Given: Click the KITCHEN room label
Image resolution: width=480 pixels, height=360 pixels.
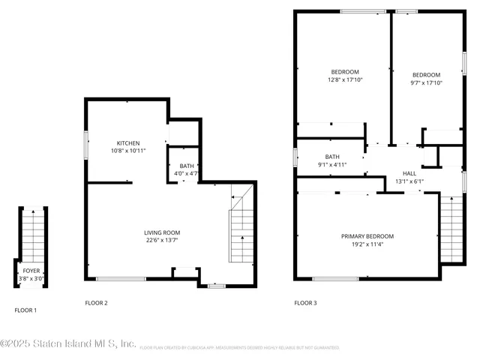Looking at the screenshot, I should pyautogui.click(x=127, y=143).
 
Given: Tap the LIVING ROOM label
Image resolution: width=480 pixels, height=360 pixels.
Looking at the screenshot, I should pyautogui.click(x=160, y=232).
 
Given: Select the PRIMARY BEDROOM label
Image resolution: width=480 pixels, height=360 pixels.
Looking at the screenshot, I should pyautogui.click(x=367, y=236).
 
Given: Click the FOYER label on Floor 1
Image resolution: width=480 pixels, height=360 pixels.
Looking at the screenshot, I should pyautogui.click(x=31, y=271).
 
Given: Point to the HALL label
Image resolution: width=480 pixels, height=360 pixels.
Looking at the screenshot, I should pyautogui.click(x=409, y=173).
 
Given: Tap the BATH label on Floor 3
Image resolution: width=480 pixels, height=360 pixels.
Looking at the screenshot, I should pyautogui.click(x=331, y=157).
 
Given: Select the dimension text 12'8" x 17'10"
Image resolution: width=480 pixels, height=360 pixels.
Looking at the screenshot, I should pyautogui.click(x=343, y=80).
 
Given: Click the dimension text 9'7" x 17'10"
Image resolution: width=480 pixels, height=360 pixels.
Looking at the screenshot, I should pyautogui.click(x=426, y=83).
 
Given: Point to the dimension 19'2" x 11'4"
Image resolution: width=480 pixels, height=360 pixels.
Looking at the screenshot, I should pyautogui.click(x=367, y=244).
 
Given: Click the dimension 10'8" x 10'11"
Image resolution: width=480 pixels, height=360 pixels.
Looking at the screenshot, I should pyautogui.click(x=127, y=151).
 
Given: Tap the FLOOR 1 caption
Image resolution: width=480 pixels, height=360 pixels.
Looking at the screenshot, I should pyautogui.click(x=25, y=310).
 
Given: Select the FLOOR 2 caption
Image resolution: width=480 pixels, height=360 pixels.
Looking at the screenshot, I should pyautogui.click(x=96, y=303).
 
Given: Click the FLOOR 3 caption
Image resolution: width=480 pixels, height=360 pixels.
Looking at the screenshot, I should pyautogui.click(x=305, y=303).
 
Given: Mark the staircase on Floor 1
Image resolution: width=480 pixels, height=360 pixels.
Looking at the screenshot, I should pyautogui.click(x=31, y=232).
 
